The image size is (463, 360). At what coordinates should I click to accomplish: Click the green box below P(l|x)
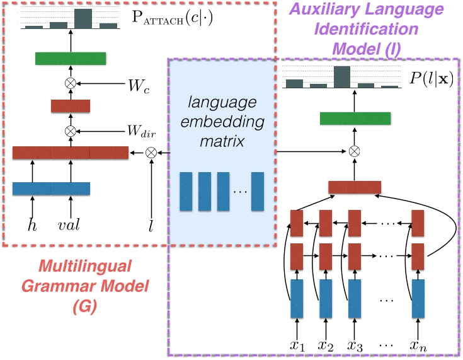(355, 118)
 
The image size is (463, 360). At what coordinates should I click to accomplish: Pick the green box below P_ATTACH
(70, 59)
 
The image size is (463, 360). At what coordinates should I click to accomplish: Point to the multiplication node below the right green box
(355, 151)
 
